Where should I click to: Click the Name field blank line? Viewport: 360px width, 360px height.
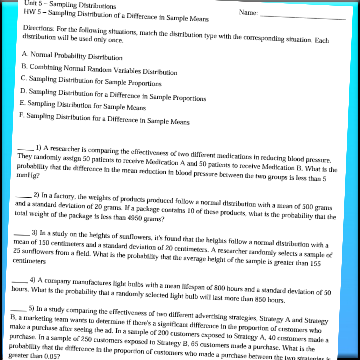[x=303, y=16]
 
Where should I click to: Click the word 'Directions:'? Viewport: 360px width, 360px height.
[x=39, y=28]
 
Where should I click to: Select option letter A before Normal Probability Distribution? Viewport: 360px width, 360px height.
[x=25, y=53]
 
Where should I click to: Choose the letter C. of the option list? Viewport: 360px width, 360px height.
[x=24, y=78]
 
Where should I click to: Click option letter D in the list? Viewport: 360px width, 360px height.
[x=23, y=91]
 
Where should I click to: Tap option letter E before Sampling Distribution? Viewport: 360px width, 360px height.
[x=23, y=103]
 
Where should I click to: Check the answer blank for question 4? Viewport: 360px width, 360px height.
[x=20, y=280]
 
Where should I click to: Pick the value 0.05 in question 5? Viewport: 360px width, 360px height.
[x=43, y=356]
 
